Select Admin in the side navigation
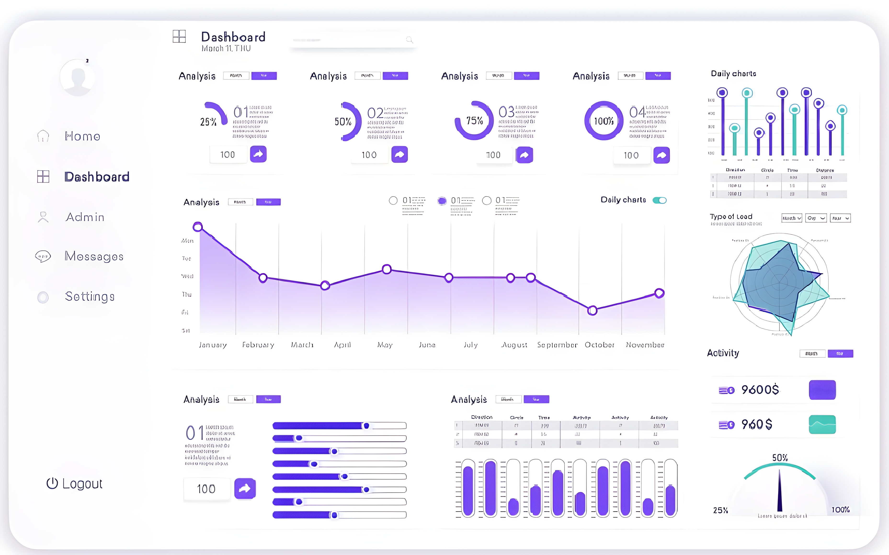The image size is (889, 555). [85, 217]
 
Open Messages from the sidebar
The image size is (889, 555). [94, 256]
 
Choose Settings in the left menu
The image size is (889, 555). [90, 297]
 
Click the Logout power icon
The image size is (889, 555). [52, 483]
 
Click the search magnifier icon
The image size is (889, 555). [409, 40]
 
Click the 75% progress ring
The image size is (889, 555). [474, 120]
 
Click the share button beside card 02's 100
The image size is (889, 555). [399, 155]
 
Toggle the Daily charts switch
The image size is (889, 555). [659, 200]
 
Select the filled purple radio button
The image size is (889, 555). [442, 201]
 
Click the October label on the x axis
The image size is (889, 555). [599, 345]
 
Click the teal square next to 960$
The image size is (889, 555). [822, 425]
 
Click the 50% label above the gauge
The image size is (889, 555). [780, 458]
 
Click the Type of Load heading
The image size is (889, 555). [731, 216]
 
